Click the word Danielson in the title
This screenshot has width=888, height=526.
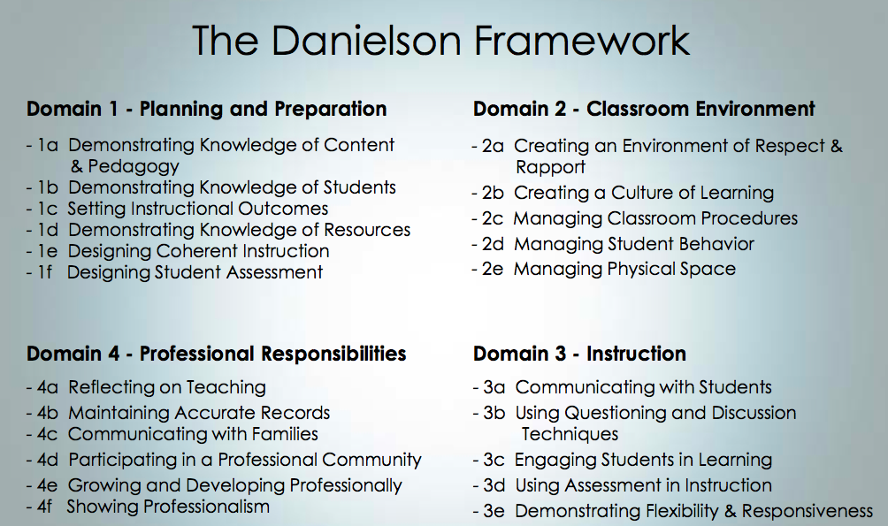[x=367, y=40]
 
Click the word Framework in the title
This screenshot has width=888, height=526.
[x=582, y=40]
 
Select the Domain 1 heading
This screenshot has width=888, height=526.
[x=207, y=109]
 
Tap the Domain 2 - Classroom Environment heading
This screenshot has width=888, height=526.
[x=644, y=109]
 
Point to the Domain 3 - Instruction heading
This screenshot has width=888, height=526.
[x=579, y=354]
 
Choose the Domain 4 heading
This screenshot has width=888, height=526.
[x=217, y=354]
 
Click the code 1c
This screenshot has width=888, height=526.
[x=48, y=209]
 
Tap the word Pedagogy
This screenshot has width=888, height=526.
[x=134, y=166]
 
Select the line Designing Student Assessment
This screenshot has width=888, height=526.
[x=195, y=272]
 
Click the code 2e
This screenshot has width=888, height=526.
[x=493, y=269]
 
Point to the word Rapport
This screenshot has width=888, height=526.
[x=550, y=168]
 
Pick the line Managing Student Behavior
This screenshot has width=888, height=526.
[x=634, y=244]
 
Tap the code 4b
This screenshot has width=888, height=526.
[x=48, y=413]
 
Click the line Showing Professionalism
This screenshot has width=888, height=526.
[x=168, y=507]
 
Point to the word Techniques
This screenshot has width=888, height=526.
[x=570, y=434]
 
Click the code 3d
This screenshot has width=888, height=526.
[x=494, y=486]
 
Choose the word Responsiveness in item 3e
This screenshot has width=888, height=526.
[x=807, y=511]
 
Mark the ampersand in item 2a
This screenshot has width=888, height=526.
[x=837, y=146]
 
